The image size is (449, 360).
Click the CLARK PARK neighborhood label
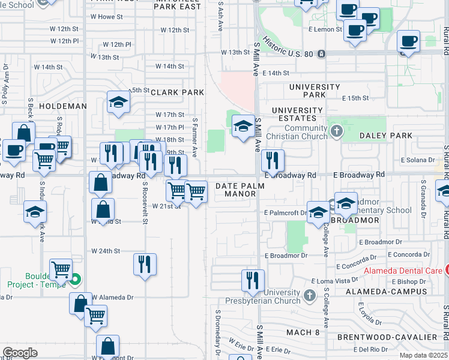(x=177, y=92)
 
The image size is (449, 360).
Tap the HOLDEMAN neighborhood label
(x=62, y=106)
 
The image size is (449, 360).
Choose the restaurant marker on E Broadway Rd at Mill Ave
(x=273, y=160)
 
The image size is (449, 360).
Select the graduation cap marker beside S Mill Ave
(x=243, y=126)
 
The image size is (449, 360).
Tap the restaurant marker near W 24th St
(x=145, y=264)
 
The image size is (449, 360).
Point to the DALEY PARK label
(x=386, y=136)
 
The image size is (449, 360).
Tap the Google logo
(x=20, y=353)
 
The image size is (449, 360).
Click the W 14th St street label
(x=170, y=66)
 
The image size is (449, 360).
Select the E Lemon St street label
(x=326, y=29)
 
